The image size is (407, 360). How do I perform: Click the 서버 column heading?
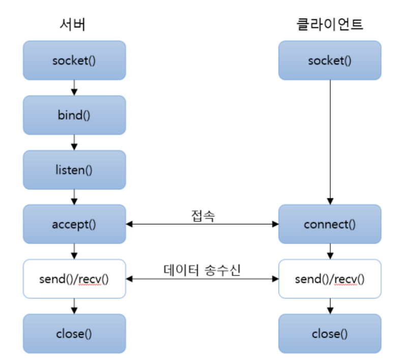click(74, 24)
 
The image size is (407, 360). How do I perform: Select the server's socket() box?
click(74, 61)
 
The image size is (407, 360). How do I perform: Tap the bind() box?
click(74, 115)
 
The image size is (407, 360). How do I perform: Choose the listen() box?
click(74, 170)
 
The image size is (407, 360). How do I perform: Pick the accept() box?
click(74, 224)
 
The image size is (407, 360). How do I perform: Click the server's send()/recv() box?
click(74, 279)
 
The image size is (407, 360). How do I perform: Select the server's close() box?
click(74, 334)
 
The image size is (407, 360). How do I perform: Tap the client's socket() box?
click(330, 61)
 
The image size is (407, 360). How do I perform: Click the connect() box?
click(330, 224)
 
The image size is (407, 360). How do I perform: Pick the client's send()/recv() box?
click(330, 279)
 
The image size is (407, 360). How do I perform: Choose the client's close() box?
click(330, 334)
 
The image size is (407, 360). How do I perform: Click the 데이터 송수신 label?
click(201, 269)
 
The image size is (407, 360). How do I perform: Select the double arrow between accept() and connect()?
click(202, 224)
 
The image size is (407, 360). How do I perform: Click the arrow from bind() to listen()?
click(74, 142)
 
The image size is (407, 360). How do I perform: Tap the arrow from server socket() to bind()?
click(74, 88)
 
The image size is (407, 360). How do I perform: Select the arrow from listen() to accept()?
click(74, 197)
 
